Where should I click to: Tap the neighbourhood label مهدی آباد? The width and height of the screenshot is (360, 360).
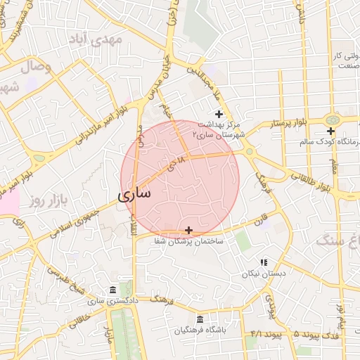click(x=99, y=39)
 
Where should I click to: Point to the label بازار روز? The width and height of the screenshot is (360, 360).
click(x=47, y=202)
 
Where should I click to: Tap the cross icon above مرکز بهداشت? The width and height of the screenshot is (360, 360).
click(x=219, y=114)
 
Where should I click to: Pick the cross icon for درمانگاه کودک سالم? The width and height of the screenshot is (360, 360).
click(x=330, y=131)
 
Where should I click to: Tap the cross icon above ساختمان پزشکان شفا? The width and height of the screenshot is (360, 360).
click(x=188, y=230)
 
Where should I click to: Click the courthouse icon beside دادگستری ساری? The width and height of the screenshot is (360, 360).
click(x=113, y=290)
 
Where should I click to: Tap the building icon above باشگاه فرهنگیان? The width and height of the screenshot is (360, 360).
click(x=200, y=319)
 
